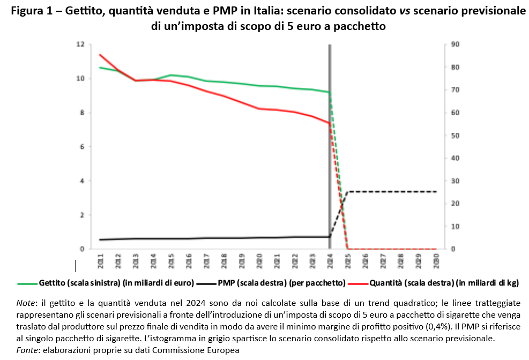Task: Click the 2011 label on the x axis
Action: [x=100, y=261]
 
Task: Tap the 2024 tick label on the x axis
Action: [x=330, y=261]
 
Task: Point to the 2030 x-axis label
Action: [x=435, y=261]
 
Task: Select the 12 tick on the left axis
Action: [x=80, y=44]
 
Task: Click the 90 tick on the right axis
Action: [x=455, y=44]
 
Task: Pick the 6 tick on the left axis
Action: [x=82, y=147]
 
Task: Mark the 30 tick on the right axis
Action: [x=455, y=181]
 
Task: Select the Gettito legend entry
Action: [x=96, y=282]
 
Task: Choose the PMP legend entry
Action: [x=262, y=282]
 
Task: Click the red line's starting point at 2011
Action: [x=100, y=55]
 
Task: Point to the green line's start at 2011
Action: [x=100, y=67]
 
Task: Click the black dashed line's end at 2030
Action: [x=435, y=191]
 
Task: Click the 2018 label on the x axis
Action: [x=224, y=261]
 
